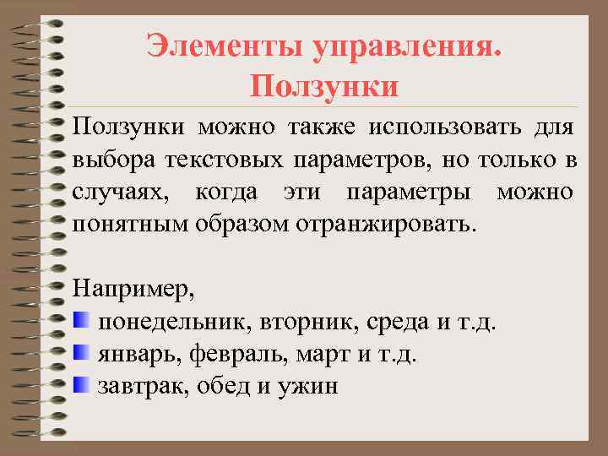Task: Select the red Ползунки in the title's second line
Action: click(324, 85)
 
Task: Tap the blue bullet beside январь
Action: click(81, 353)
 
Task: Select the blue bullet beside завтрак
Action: click(81, 385)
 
